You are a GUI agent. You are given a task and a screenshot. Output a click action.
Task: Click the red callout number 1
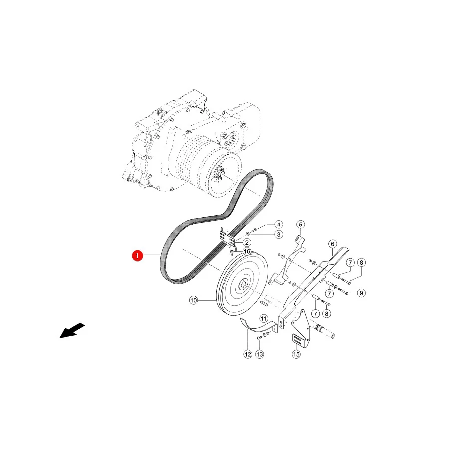pyautogui.click(x=137, y=256)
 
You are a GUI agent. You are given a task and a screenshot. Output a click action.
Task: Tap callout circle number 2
pyautogui.click(x=247, y=243)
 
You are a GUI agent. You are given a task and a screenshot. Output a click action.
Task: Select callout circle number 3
pyautogui.click(x=279, y=234)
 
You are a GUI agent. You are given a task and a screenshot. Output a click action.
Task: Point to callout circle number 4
pyautogui.click(x=278, y=224)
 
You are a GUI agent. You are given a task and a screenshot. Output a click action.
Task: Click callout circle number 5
pyautogui.click(x=301, y=224)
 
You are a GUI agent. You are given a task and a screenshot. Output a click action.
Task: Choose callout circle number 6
pyautogui.click(x=332, y=244)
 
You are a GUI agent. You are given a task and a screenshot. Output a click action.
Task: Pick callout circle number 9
pyautogui.click(x=361, y=293)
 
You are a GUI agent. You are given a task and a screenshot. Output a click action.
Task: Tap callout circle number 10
pyautogui.click(x=194, y=300)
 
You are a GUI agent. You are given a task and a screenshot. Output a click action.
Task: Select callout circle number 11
pyautogui.click(x=264, y=318)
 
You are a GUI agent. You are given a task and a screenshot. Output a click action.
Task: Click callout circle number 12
pyautogui.click(x=248, y=354)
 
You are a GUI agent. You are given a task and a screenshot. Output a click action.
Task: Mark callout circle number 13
pyautogui.click(x=260, y=354)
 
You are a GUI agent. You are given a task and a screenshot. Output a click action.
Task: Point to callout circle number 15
pyautogui.click(x=296, y=354)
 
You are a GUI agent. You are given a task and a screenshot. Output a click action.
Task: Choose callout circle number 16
pyautogui.click(x=247, y=252)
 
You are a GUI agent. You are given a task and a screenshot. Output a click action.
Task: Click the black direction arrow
pyautogui.click(x=72, y=331)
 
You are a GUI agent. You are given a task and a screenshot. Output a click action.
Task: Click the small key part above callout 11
pyautogui.click(x=264, y=304)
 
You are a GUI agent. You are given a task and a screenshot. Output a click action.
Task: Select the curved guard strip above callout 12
pyautogui.click(x=258, y=327)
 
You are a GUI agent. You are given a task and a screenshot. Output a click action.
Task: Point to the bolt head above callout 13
pyautogui.click(x=259, y=338)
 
